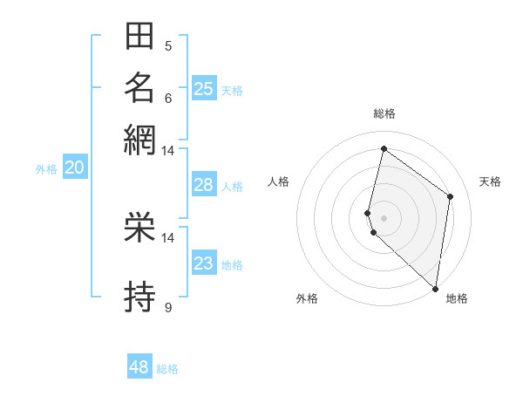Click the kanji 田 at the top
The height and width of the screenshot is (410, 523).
click(x=139, y=38)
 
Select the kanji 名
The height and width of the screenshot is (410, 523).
click(x=139, y=88)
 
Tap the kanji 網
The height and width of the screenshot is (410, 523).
click(x=139, y=139)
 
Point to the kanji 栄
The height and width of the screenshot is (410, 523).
click(x=139, y=229)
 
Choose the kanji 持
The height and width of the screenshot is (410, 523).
click(x=139, y=296)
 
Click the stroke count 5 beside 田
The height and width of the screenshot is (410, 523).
click(x=168, y=46)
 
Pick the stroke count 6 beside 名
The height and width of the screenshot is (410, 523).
click(x=168, y=98)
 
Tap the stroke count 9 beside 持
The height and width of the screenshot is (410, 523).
click(x=168, y=307)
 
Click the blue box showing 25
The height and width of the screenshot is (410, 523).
click(x=204, y=88)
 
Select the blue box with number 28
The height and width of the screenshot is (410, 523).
click(x=203, y=184)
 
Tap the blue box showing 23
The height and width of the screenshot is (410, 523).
click(x=203, y=263)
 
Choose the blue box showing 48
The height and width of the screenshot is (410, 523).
click(x=139, y=367)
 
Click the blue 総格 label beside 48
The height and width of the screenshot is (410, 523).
click(x=167, y=369)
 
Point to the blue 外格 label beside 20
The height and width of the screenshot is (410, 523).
click(x=46, y=169)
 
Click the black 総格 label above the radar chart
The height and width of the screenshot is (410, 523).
click(x=384, y=113)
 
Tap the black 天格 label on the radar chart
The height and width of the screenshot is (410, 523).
click(x=490, y=181)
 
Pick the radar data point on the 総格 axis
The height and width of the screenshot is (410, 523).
click(x=384, y=148)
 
